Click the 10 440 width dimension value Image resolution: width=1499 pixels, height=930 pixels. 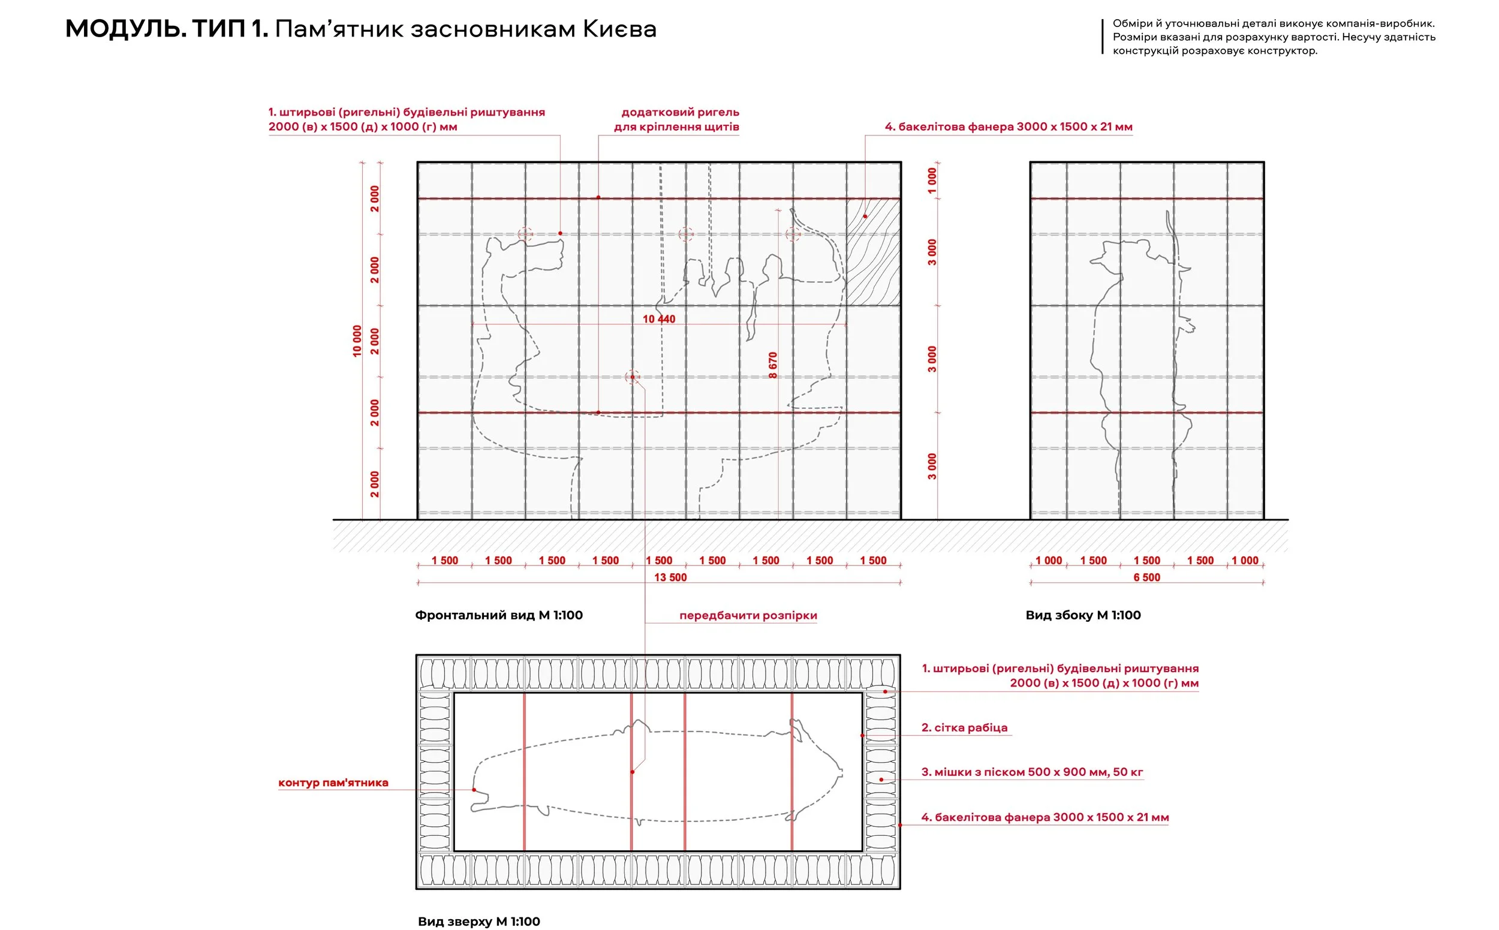(658, 319)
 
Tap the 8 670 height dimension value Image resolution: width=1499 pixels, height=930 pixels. (772, 365)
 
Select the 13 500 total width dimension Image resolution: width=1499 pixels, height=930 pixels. (670, 577)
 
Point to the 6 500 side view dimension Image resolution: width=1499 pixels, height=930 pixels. (1146, 577)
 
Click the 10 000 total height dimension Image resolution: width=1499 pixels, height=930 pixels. (357, 341)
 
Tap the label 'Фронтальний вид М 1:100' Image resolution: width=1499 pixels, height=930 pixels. (498, 615)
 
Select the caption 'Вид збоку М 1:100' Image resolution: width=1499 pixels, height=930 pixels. (1082, 615)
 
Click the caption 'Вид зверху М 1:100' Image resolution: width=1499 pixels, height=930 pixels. (478, 922)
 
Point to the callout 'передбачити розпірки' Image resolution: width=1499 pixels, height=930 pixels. (747, 615)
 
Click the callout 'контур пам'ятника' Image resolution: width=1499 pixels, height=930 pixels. (333, 782)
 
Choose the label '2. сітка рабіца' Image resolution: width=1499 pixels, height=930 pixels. (964, 728)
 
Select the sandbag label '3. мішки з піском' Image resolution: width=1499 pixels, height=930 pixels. (1031, 772)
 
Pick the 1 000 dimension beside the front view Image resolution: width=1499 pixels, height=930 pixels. (932, 180)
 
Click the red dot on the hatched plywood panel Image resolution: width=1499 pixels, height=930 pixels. (865, 216)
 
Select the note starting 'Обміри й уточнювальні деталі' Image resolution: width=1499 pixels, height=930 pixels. (1274, 37)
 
